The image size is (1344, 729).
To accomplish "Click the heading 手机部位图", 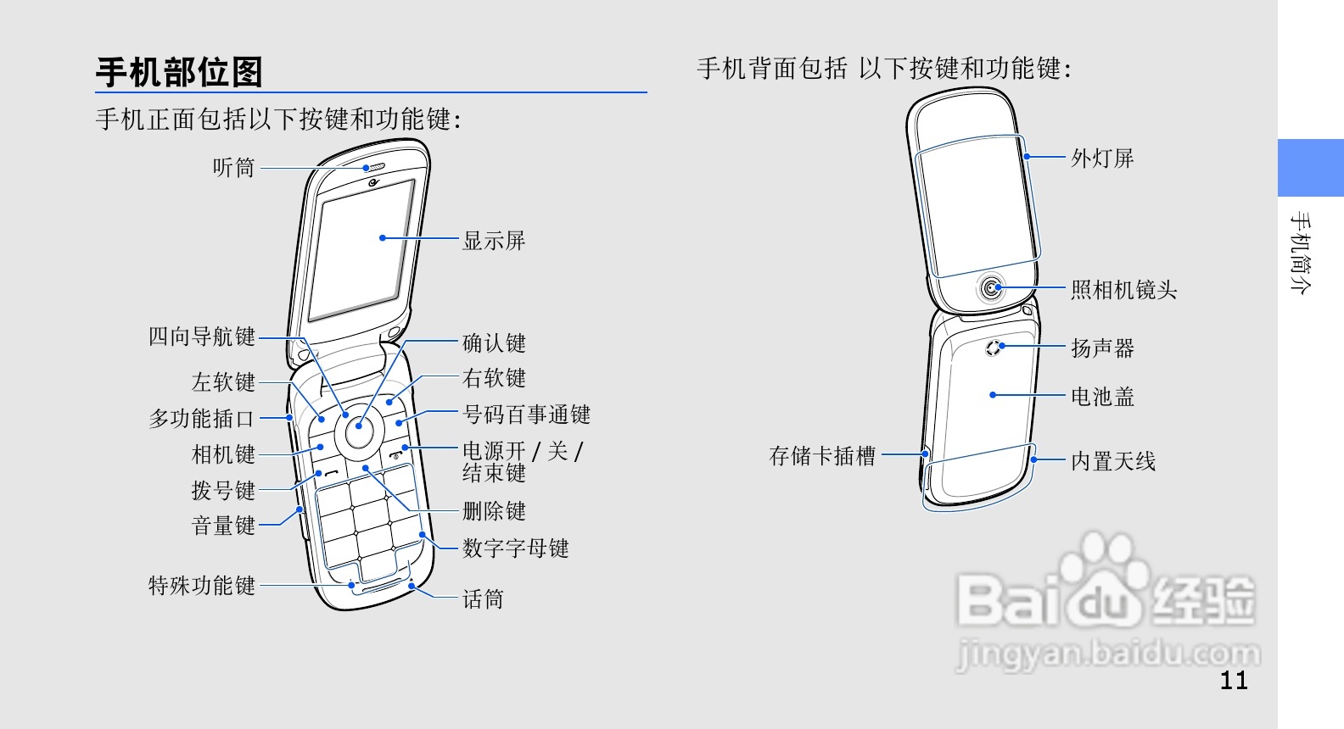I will [x=179, y=72].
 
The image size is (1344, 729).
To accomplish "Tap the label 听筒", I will [x=233, y=168].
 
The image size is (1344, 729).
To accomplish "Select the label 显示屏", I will [x=494, y=241].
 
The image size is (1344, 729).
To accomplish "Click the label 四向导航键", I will [x=202, y=337].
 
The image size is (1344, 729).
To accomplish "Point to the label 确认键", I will [x=494, y=343].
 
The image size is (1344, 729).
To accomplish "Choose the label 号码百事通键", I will [x=526, y=415].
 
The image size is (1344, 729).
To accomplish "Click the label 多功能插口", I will [x=202, y=418].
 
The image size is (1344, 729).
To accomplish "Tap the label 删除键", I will [x=494, y=511].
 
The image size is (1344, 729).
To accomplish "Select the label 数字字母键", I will [x=515, y=548].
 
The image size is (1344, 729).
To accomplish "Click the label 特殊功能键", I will [x=202, y=585].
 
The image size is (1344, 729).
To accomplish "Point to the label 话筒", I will [x=483, y=599].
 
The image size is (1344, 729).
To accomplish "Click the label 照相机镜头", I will [x=1123, y=290].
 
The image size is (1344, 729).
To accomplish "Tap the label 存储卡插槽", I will [x=822, y=456].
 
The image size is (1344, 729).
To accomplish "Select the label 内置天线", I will [x=1113, y=461].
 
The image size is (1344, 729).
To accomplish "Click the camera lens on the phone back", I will [x=991, y=290].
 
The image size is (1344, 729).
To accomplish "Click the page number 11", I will [x=1234, y=680].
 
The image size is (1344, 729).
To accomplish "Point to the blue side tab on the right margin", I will [x=1310, y=168].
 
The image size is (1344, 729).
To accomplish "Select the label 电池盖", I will [x=1102, y=396].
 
